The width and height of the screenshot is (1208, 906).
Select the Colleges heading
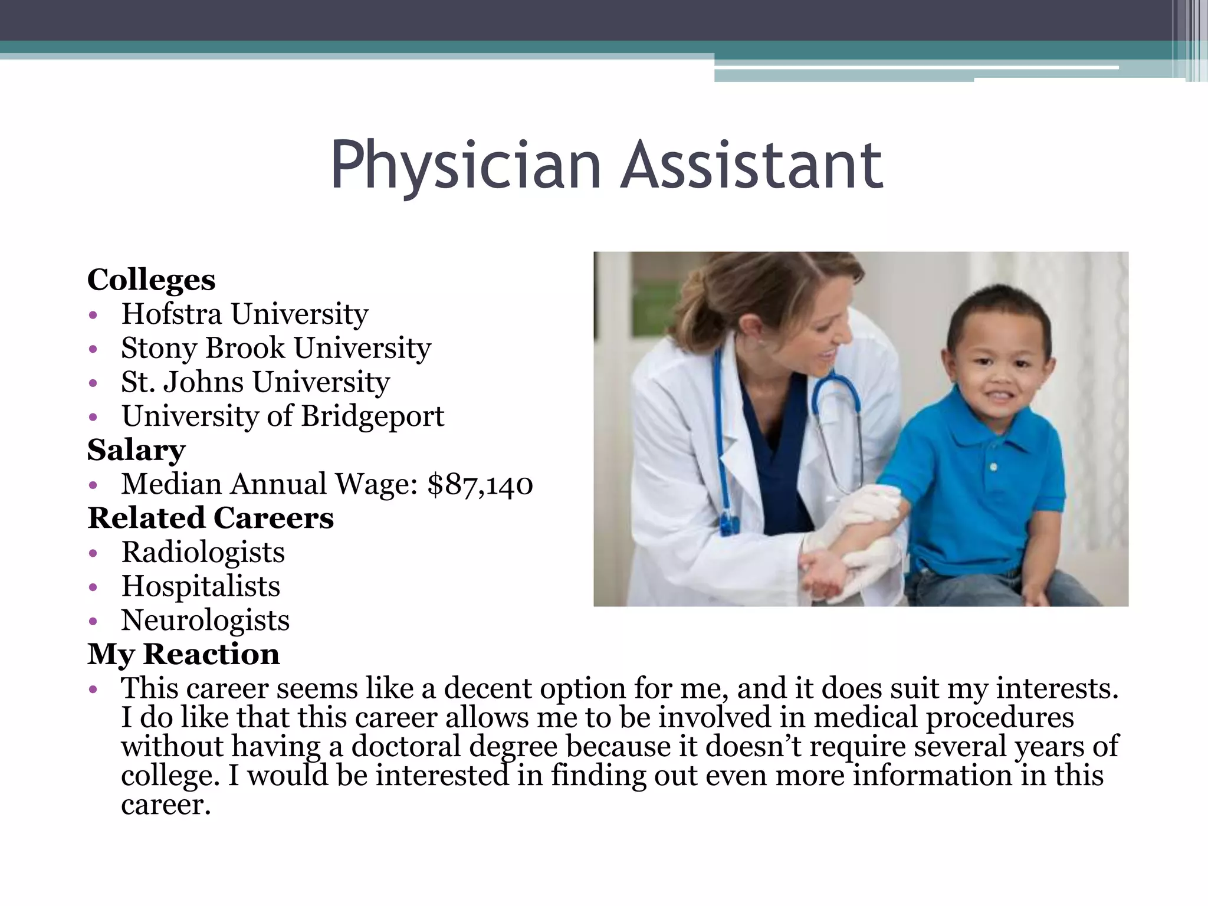pos(152,280)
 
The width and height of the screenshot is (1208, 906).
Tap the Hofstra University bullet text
pos(245,314)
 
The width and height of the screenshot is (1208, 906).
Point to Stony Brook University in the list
pos(276,348)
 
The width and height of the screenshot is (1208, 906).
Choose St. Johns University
pos(255,382)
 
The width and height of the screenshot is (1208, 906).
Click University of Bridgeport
pos(283,416)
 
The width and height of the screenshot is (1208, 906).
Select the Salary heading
pos(136,450)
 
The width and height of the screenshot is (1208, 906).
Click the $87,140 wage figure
pos(480,484)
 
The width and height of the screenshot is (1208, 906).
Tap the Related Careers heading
pos(211,518)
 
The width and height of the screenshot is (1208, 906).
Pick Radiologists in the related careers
pos(203,553)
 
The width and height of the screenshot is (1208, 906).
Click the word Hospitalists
pos(201,587)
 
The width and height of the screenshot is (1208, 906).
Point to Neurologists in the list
pos(205,621)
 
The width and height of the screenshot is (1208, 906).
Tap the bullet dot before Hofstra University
pos(93,315)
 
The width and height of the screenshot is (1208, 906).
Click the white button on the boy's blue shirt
pos(994,467)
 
